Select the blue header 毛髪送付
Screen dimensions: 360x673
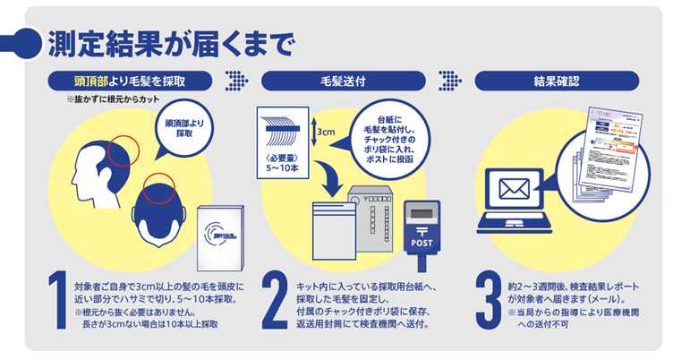click(341, 81)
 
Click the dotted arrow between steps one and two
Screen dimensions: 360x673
click(236, 81)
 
